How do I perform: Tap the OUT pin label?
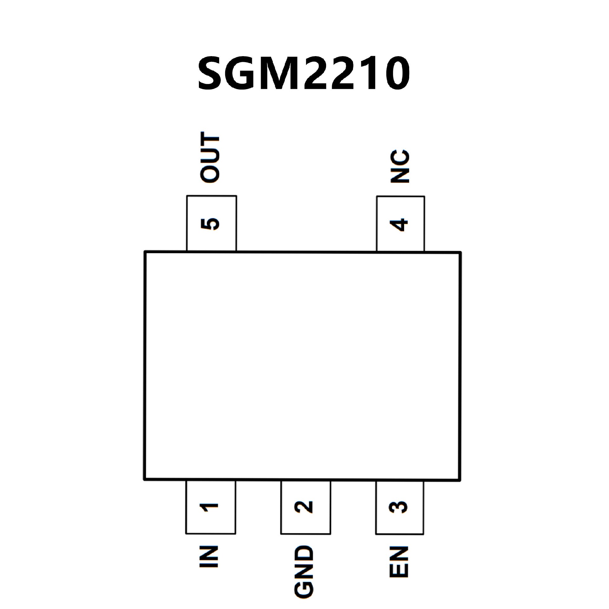click(210, 158)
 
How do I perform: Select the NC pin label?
click(400, 166)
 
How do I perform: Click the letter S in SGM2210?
click(212, 74)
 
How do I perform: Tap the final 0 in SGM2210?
click(396, 74)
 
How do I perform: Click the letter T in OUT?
click(210, 141)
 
